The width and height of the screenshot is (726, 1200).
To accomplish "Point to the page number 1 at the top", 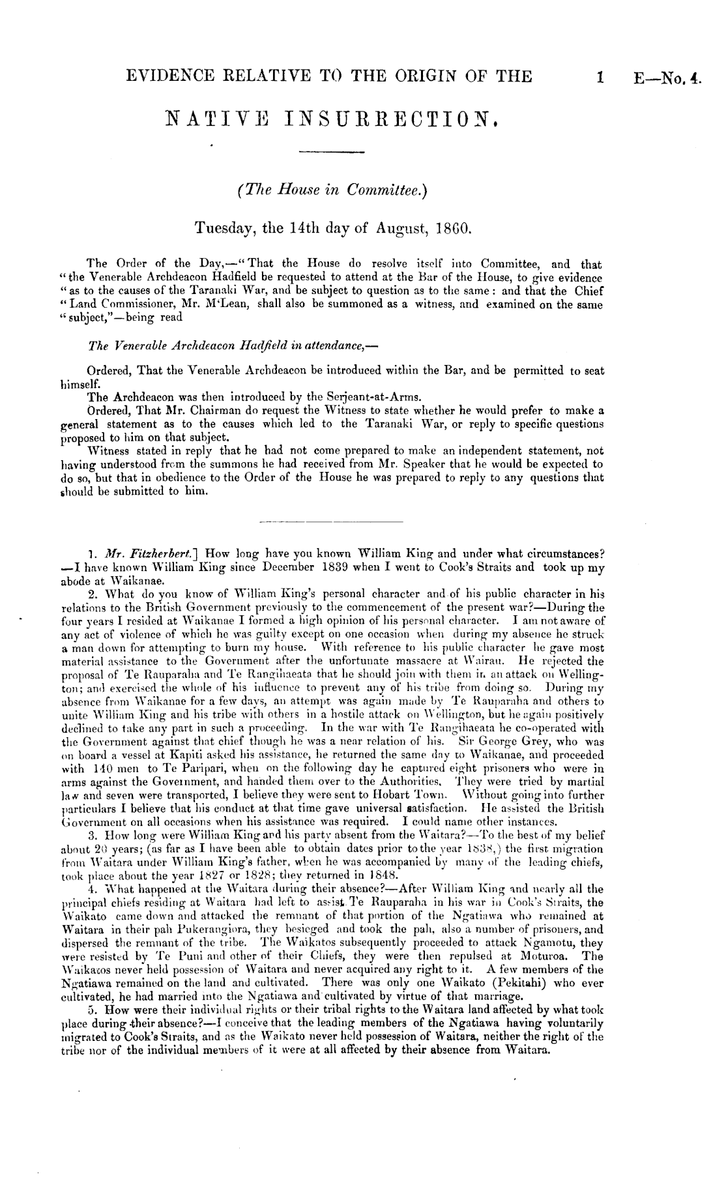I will coord(598,77).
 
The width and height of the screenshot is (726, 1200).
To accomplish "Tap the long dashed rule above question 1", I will coord(331,522).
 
